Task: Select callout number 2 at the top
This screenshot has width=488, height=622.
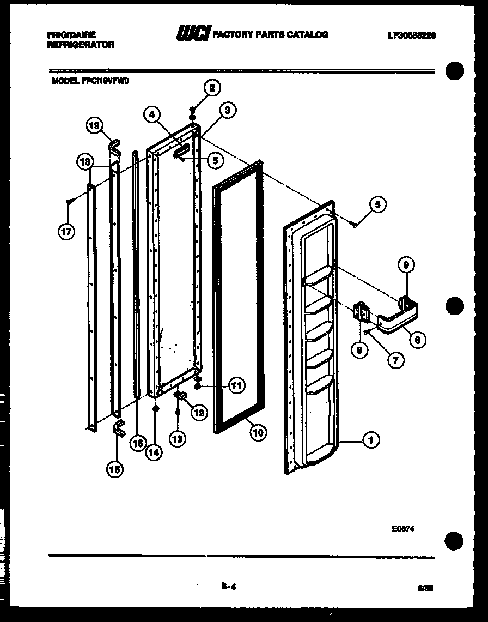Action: pyautogui.click(x=212, y=87)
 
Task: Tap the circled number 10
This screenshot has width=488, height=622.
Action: pyautogui.click(x=258, y=432)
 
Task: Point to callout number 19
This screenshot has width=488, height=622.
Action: pyautogui.click(x=94, y=126)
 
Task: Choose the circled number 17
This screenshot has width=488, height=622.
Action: pyautogui.click(x=66, y=232)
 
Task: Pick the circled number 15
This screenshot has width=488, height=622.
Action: pyautogui.click(x=114, y=468)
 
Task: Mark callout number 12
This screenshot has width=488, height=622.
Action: pyautogui.click(x=198, y=413)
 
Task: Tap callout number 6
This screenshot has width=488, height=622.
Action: pyautogui.click(x=418, y=340)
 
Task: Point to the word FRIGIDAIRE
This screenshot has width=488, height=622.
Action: pyautogui.click(x=71, y=34)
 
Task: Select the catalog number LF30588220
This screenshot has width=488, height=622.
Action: pyautogui.click(x=412, y=35)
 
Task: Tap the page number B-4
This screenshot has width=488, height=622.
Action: pyautogui.click(x=228, y=586)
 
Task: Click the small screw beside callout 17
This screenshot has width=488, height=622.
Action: pyautogui.click(x=69, y=202)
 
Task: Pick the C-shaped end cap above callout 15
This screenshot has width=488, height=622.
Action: pyautogui.click(x=118, y=429)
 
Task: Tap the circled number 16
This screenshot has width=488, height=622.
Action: pyautogui.click(x=138, y=443)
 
